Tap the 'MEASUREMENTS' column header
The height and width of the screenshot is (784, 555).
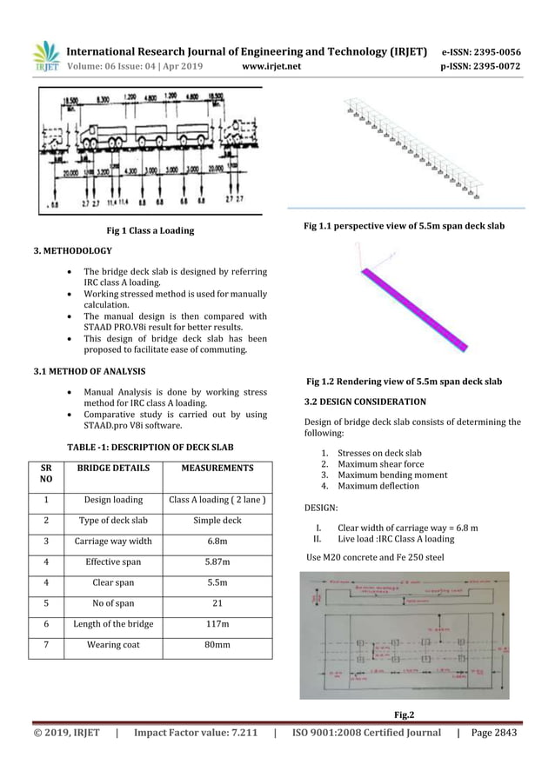tap(217, 468)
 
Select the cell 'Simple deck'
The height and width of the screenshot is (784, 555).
tap(217, 521)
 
